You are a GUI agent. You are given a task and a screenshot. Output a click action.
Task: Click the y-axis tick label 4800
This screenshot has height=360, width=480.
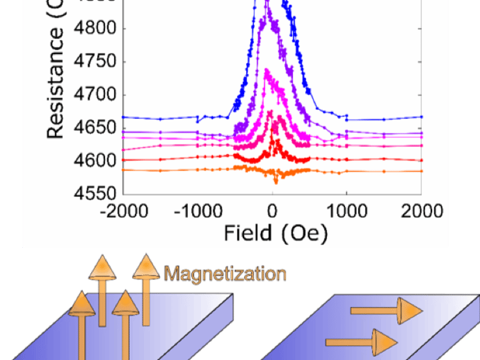(x=96, y=29)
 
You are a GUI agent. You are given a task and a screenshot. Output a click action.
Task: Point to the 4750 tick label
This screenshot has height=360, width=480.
(x=96, y=62)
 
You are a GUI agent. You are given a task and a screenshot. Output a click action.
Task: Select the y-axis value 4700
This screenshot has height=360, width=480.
(x=96, y=95)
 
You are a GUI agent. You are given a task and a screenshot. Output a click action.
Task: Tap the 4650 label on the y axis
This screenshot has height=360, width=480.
(x=96, y=128)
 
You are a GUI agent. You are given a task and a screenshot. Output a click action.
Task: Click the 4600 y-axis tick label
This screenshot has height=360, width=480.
(x=96, y=161)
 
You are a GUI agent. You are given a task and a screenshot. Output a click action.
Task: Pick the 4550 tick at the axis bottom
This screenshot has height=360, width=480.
(x=96, y=194)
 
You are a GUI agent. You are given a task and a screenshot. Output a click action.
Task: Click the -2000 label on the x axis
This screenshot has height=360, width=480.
(x=122, y=211)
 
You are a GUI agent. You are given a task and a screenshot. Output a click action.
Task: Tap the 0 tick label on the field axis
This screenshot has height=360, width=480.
(x=273, y=211)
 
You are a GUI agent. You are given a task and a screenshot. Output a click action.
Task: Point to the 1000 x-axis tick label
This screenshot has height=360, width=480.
(x=347, y=211)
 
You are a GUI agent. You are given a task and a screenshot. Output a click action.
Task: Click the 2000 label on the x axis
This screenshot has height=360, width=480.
(x=421, y=211)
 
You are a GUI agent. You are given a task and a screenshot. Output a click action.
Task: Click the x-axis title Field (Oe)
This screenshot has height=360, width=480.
(x=276, y=232)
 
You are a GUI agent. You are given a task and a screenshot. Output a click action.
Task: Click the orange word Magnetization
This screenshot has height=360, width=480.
(x=225, y=275)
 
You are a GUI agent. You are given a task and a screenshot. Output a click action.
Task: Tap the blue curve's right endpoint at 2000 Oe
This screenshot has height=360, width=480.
(x=421, y=117)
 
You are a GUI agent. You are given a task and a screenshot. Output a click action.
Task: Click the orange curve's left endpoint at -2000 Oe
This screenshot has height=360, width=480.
(x=124, y=170)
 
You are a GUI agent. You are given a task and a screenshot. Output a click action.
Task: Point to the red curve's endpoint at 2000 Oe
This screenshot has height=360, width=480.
(x=421, y=160)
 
